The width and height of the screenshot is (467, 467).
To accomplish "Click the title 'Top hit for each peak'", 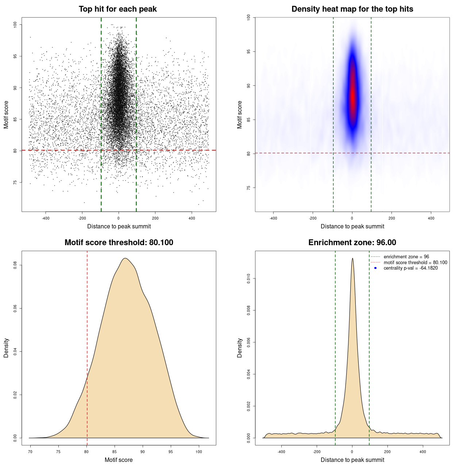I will coord(117,9).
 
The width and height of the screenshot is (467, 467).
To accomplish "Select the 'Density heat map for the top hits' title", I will coord(352,9).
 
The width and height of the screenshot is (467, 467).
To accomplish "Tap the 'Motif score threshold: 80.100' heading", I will coord(119,243).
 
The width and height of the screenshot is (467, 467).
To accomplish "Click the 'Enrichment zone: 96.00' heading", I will coord(352,243).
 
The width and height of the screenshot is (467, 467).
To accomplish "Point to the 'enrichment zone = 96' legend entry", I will coord(406,257).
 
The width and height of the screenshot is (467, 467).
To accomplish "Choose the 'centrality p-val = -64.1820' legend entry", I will coord(410,268).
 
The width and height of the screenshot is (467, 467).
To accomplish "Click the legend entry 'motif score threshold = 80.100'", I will coord(415,263).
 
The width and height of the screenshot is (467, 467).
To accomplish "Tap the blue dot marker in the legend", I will coord(375,268).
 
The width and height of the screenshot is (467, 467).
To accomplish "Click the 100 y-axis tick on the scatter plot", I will coord(15,24).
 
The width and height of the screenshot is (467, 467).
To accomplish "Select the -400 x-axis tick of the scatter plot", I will coord(46,218).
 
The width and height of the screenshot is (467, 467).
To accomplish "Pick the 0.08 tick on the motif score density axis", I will coord(15,265).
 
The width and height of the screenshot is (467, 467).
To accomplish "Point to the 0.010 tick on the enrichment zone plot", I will coord(248,279).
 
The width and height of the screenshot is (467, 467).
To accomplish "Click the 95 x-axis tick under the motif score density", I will coord(171,452).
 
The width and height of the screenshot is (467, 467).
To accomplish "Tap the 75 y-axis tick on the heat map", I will coord(248,188).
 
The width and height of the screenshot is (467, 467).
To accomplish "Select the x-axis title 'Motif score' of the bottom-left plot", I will coord(119,460).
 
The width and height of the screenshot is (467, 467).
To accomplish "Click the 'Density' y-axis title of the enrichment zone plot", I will coord(240,348).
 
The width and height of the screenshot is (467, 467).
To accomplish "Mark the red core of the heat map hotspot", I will coord(352,97).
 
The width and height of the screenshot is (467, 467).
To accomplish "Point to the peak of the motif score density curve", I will coord(125,258).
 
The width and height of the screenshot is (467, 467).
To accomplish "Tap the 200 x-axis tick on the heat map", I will coord(391,218).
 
